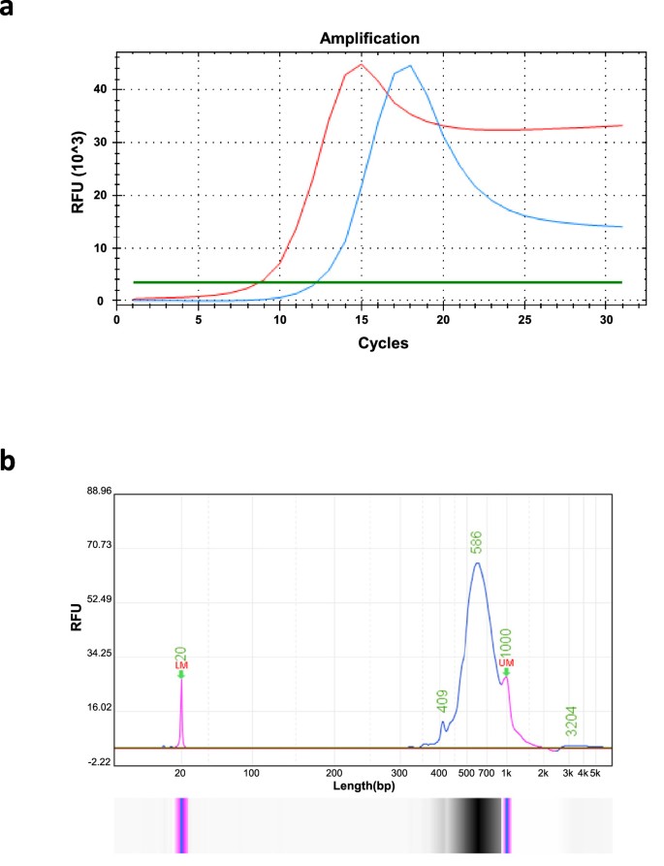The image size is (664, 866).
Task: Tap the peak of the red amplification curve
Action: coord(361,65)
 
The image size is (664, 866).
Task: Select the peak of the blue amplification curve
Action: coord(410,66)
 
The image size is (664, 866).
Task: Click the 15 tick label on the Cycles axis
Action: coord(361,317)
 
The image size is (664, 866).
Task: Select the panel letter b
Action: coord(12,462)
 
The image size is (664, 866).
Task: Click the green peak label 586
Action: coord(477,545)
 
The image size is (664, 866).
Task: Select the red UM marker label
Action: coord(506,662)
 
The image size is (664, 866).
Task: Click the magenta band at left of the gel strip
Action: coord(181,825)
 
